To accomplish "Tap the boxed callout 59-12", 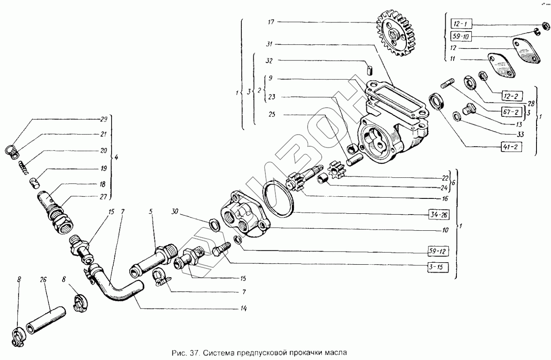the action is pyautogui.click(x=439, y=251).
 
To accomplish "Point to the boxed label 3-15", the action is pyautogui.click(x=439, y=266).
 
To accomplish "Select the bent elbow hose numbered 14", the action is pyautogui.click(x=118, y=288).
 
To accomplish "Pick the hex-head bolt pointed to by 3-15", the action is pyautogui.click(x=219, y=250).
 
